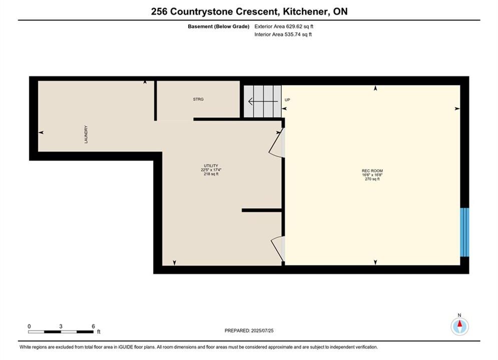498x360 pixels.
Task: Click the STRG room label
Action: tap(198, 99)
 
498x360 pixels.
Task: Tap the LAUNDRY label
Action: tap(86, 134)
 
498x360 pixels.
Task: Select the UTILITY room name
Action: tap(211, 165)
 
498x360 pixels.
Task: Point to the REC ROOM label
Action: tap(372, 170)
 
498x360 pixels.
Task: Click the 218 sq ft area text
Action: tap(211, 174)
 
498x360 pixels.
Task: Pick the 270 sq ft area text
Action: tap(372, 179)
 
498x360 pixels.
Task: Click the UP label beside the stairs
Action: tap(287, 100)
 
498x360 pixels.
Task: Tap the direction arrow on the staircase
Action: tap(263, 101)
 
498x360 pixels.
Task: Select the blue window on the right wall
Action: tap(464, 232)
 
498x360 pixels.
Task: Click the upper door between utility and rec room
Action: tap(277, 142)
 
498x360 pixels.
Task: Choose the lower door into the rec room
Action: tap(278, 249)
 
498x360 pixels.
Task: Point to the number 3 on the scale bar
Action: tap(61, 326)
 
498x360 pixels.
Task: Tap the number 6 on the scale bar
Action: tap(94, 326)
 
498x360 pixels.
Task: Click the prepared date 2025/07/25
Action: tap(262, 330)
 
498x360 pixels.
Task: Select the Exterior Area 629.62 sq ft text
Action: tap(284, 26)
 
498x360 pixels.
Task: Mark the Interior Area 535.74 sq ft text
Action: tap(283, 34)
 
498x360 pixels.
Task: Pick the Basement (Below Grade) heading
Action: tap(219, 26)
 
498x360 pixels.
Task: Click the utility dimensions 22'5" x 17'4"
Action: tap(211, 169)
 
